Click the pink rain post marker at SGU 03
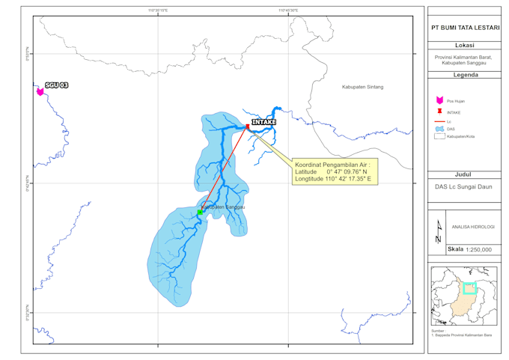pos(40,91)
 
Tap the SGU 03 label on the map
pos(57,85)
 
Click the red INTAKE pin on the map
pos(247,126)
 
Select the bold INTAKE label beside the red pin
pos(263,122)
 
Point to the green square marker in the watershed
pos(200,213)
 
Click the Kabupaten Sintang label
pos(362,87)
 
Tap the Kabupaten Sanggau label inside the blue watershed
pos(223,207)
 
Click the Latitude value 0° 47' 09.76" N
pos(350,171)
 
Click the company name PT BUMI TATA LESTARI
pos(466,27)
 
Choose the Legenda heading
pos(466,75)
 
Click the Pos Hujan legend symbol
pos(439,100)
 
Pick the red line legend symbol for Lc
pos(439,120)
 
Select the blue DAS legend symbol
pos(439,129)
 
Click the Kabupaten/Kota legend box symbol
pos(439,136)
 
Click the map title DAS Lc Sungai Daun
pos(466,187)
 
